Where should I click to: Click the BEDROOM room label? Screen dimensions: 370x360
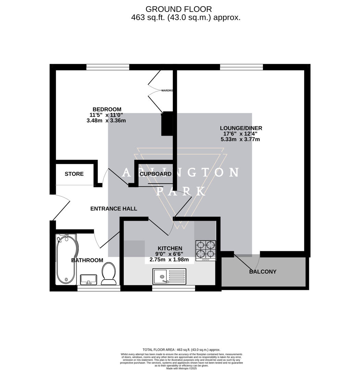pyautogui.click(x=107, y=110)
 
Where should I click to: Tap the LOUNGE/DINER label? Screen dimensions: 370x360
pyautogui.click(x=241, y=128)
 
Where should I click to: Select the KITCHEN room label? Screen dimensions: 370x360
pyautogui.click(x=170, y=248)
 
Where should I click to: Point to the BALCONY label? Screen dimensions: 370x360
pyautogui.click(x=263, y=272)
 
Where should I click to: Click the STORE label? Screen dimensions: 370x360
pyautogui.click(x=74, y=174)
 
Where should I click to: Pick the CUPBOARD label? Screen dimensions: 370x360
pyautogui.click(x=156, y=174)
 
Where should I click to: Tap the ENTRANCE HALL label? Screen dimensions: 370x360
pyautogui.click(x=113, y=209)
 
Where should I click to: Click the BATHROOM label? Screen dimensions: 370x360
pyautogui.click(x=87, y=260)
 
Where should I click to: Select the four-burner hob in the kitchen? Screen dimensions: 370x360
pyautogui.click(x=206, y=250)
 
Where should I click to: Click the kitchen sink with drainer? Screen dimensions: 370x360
pyautogui.click(x=170, y=276)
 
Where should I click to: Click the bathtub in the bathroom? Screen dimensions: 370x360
pyautogui.click(x=67, y=259)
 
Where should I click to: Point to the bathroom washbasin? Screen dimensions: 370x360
pyautogui.click(x=89, y=279)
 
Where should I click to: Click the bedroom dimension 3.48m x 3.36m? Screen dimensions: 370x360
pyautogui.click(x=106, y=121)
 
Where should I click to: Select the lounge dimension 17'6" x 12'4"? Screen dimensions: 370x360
pyautogui.click(x=241, y=134)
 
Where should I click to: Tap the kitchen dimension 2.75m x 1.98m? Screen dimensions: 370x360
pyautogui.click(x=169, y=260)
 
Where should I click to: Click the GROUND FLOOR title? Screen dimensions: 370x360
pyautogui.click(x=179, y=9)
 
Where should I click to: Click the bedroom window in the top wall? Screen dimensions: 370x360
pyautogui.click(x=108, y=67)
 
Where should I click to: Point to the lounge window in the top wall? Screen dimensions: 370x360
pyautogui.click(x=241, y=67)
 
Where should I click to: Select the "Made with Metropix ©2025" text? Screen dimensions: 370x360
pyautogui.click(x=181, y=368)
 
